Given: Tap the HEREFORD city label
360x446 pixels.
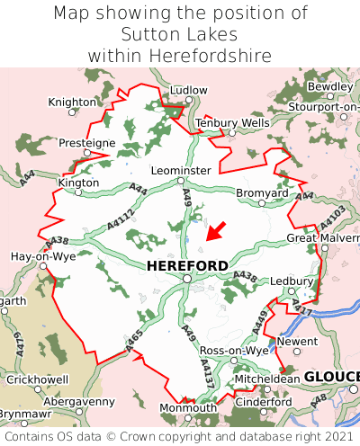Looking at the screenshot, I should click(186, 265).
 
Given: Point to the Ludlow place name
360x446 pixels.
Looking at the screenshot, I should click(188, 91).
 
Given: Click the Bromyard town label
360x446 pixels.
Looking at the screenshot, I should click(261, 192).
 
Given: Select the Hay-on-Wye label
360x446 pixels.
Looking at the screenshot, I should click(41, 256).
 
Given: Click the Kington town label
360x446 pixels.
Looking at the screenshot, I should click(77, 183).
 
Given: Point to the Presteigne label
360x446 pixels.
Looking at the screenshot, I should click(87, 143).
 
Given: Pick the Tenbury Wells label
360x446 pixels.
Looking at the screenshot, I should click(231, 122).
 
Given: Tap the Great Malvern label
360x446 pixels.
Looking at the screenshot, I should click(322, 237).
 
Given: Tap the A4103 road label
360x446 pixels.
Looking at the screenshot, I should click(332, 218).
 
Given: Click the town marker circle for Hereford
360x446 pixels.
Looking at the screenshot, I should click(186, 279).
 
